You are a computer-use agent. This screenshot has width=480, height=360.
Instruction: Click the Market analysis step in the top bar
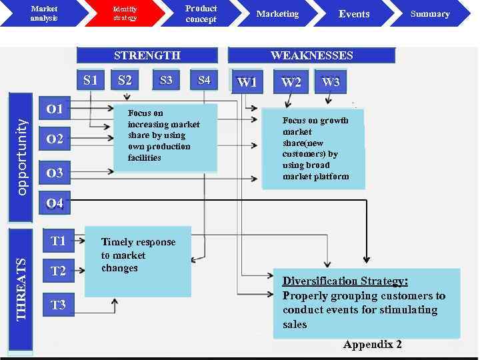click(44, 13)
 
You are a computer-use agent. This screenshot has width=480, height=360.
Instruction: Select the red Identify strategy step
click(125, 13)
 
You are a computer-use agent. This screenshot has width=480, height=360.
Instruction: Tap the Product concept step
click(201, 13)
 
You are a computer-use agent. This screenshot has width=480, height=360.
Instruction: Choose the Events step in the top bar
click(354, 14)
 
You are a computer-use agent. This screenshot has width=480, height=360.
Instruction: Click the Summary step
click(430, 14)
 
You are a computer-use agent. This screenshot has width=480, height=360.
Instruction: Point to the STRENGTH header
click(147, 55)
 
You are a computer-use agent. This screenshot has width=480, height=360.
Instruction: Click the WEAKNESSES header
click(311, 55)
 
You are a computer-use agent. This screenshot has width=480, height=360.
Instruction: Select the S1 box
click(91, 81)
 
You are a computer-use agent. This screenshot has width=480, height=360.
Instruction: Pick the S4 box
click(204, 81)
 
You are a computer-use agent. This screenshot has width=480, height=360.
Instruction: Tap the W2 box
click(291, 82)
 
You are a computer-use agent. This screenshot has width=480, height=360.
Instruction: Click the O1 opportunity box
click(55, 108)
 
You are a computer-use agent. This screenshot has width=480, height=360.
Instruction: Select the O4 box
click(55, 203)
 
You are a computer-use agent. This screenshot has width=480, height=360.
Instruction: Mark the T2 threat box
click(59, 271)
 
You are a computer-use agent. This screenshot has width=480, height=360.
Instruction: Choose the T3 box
click(59, 305)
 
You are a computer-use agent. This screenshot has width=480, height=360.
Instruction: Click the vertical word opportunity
click(21, 157)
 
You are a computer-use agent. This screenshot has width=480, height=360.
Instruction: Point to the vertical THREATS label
click(21, 289)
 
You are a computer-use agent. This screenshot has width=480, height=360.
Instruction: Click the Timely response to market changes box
click(137, 261)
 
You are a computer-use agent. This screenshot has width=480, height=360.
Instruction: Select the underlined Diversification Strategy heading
click(345, 281)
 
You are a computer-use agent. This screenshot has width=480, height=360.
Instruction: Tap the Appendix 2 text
click(373, 344)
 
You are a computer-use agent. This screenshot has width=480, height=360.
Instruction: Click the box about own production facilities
click(166, 137)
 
